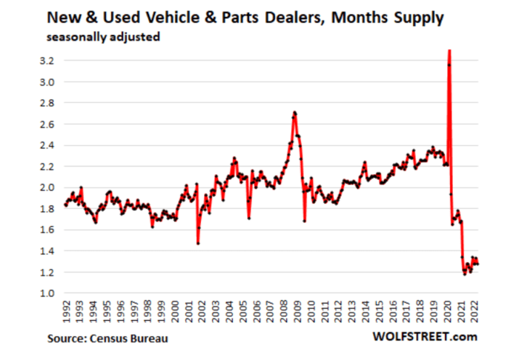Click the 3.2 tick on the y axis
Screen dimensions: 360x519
tap(44, 61)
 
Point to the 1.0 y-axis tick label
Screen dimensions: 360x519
tap(44, 293)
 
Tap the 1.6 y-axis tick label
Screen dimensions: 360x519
tap(44, 230)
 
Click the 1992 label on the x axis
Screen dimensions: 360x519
tap(67, 312)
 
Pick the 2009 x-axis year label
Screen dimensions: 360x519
tap(297, 312)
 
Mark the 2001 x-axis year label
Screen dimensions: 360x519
tap(189, 312)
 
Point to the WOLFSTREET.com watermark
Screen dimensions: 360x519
tap(425, 339)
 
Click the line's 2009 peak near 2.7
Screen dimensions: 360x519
tap(295, 113)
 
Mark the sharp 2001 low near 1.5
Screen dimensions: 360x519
tap(198, 243)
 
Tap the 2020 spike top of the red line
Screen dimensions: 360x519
tap(449, 50)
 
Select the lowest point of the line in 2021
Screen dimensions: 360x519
tap(465, 274)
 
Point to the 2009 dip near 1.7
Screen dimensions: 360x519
tap(304, 221)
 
